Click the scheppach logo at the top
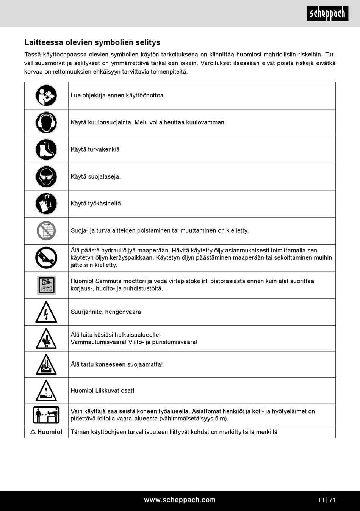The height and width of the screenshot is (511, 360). pyautogui.click(x=327, y=14)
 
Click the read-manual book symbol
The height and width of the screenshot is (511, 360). pyautogui.click(x=46, y=96)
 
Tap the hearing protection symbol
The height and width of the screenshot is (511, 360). pyautogui.click(x=46, y=122)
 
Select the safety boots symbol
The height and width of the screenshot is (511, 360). pyautogui.click(x=46, y=149)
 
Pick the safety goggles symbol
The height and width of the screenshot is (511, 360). pyautogui.click(x=46, y=177)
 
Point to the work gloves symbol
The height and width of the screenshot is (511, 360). pyautogui.click(x=46, y=204)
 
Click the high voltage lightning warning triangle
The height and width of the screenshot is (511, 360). pyautogui.click(x=46, y=312)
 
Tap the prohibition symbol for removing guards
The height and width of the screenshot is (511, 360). pyautogui.click(x=46, y=230)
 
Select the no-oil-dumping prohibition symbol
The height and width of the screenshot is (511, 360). pyautogui.click(x=46, y=258)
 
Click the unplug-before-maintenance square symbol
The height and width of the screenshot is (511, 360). pyautogui.click(x=46, y=285)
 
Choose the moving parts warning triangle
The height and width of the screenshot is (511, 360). pyautogui.click(x=46, y=391)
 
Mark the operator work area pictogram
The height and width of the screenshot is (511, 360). pyautogui.click(x=46, y=415)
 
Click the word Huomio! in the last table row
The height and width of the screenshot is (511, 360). pyautogui.click(x=50, y=432)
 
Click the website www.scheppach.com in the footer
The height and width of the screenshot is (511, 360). pyautogui.click(x=180, y=500)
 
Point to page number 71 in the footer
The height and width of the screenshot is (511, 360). pyautogui.click(x=332, y=500)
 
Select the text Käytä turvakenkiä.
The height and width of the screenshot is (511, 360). pyautogui.click(x=96, y=149)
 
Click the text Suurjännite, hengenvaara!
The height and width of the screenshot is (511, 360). pyautogui.click(x=107, y=312)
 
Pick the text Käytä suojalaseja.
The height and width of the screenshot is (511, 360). pyautogui.click(x=95, y=177)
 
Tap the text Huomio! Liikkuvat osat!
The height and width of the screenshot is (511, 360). pyautogui.click(x=102, y=390)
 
